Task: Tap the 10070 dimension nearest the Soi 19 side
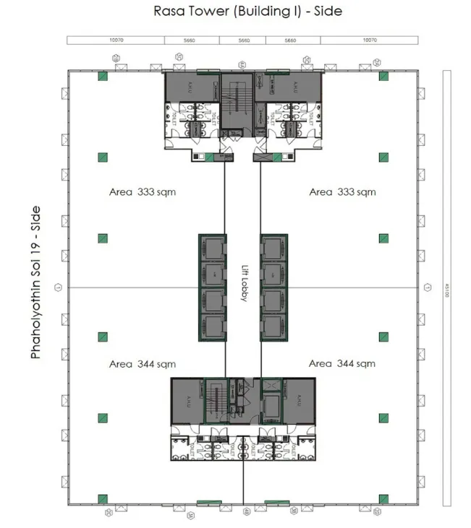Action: coord(117,40)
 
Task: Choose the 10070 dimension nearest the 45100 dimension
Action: coord(370,40)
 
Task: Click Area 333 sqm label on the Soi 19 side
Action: coord(142,192)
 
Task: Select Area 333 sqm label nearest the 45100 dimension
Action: coord(343,192)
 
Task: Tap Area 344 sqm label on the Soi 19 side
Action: coord(142,364)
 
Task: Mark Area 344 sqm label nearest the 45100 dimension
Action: coord(343,364)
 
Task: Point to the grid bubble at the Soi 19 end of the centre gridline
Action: coord(59,287)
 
